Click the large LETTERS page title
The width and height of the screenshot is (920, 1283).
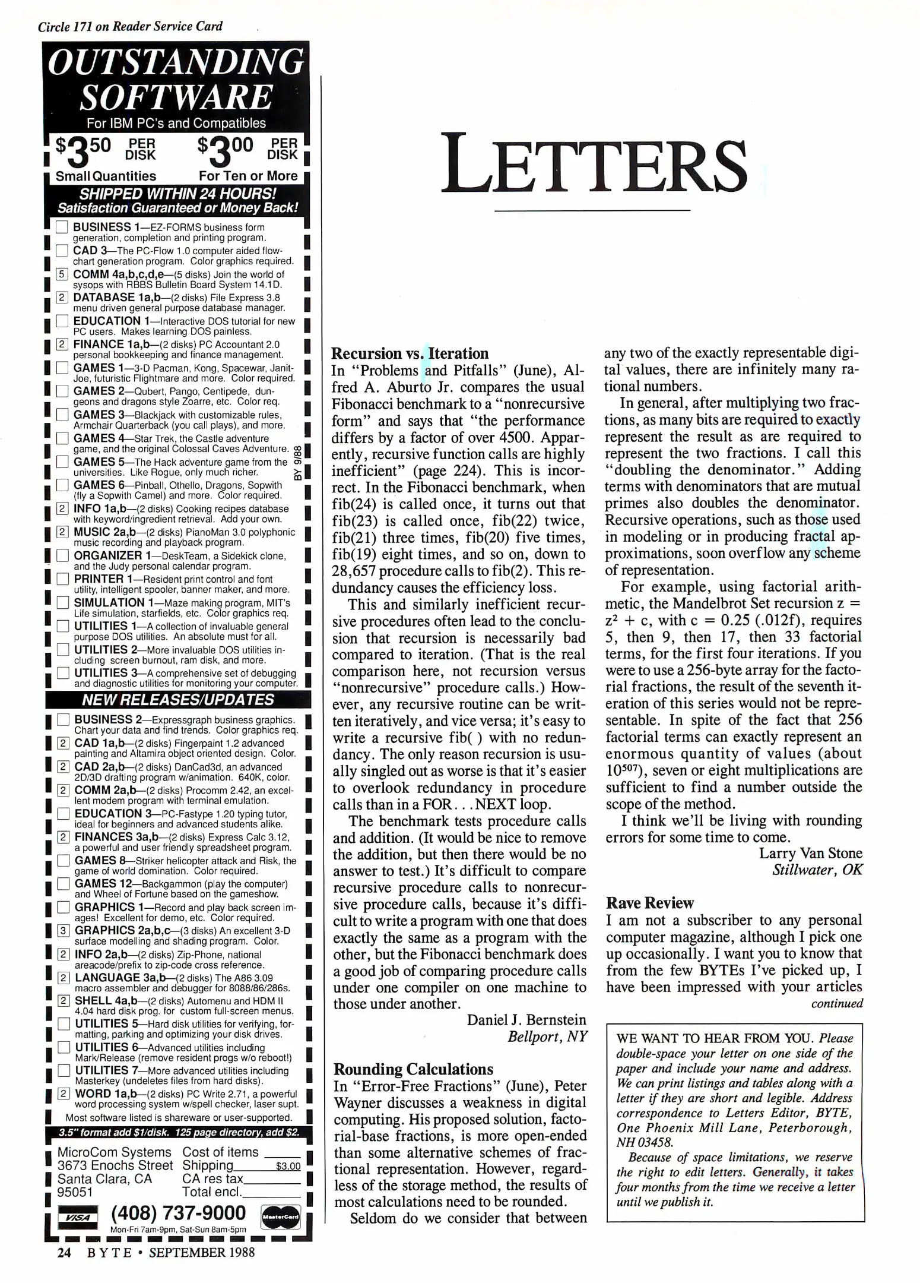[594, 165]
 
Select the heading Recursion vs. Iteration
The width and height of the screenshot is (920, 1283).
[410, 353]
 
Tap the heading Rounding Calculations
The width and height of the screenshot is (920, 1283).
[413, 1069]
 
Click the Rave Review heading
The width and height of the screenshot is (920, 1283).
[649, 903]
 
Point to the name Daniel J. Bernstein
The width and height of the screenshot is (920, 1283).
[526, 1020]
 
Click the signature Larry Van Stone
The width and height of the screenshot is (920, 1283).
[810, 854]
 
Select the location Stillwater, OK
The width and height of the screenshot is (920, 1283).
[817, 870]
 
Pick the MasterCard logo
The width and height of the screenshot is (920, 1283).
[280, 1217]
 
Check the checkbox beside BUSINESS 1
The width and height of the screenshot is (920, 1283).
[62, 227]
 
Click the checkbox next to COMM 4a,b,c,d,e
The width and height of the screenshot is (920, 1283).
[62, 274]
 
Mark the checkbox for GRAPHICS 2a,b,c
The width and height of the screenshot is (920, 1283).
[63, 931]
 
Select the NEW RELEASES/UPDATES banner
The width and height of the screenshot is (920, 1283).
[178, 700]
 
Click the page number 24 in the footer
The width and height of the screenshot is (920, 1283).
[64, 1253]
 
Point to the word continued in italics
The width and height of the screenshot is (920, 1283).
[837, 1004]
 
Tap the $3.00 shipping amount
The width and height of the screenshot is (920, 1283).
[288, 1167]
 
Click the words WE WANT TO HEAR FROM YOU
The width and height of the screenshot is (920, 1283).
[716, 1038]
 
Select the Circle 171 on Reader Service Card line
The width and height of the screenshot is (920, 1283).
[130, 27]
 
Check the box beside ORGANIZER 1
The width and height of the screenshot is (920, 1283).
[62, 556]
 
